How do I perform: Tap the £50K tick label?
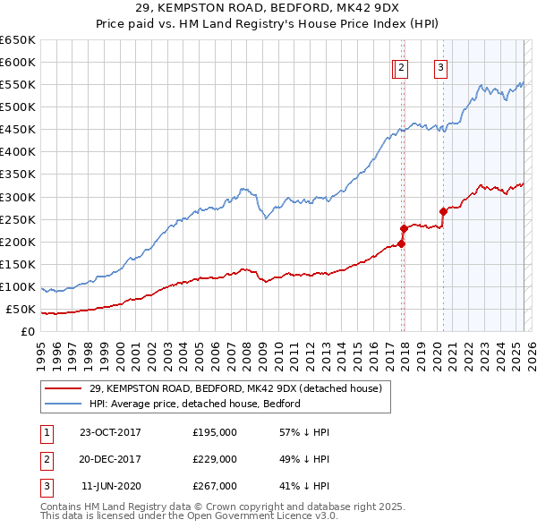21,310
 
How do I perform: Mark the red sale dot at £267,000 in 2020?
443,211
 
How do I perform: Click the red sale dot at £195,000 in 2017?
402,243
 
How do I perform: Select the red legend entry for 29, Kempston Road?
235,388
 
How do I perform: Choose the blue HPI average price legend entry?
194,404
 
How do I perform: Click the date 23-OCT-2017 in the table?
110,432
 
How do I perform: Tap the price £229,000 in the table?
215,459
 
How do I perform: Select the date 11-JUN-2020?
111,486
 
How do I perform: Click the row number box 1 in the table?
45,432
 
